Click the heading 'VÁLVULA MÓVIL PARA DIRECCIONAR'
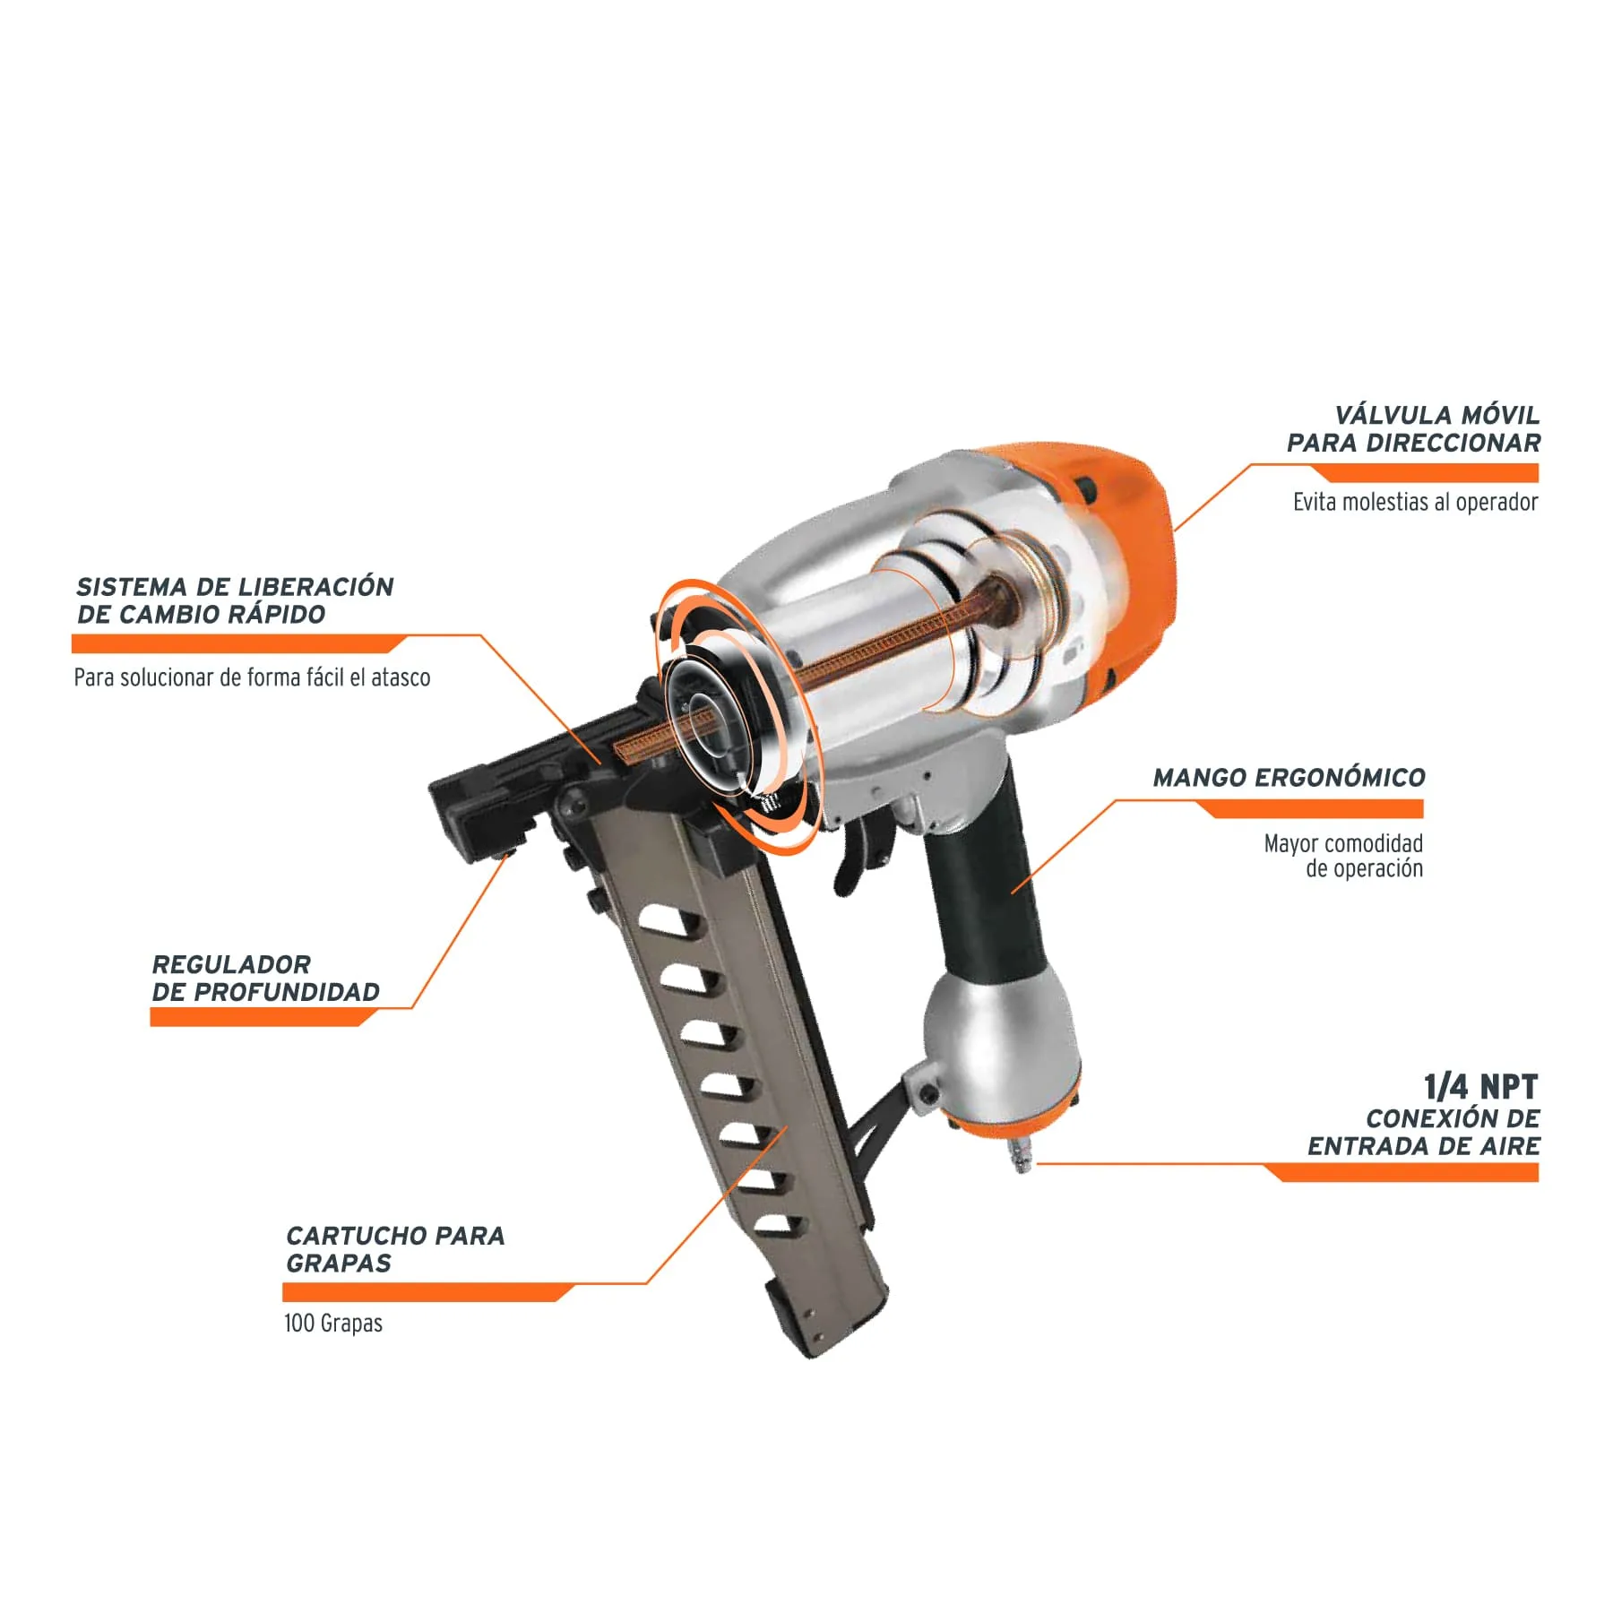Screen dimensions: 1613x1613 (1413, 429)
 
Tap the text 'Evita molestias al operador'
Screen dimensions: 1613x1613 (1415, 502)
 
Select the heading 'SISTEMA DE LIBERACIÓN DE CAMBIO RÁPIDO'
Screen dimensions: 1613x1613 (235, 600)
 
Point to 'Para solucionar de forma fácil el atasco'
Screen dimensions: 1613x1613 (252, 677)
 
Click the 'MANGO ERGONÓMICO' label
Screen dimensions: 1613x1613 (1289, 778)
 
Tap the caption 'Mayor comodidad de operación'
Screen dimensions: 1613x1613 (1343, 856)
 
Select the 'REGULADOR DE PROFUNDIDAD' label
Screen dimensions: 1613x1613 (265, 979)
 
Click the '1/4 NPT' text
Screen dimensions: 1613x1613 (1481, 1087)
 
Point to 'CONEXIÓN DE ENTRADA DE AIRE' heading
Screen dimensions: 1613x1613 (1424, 1132)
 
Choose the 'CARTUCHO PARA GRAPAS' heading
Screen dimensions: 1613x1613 (395, 1249)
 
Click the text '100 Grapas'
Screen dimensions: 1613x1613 (333, 1324)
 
